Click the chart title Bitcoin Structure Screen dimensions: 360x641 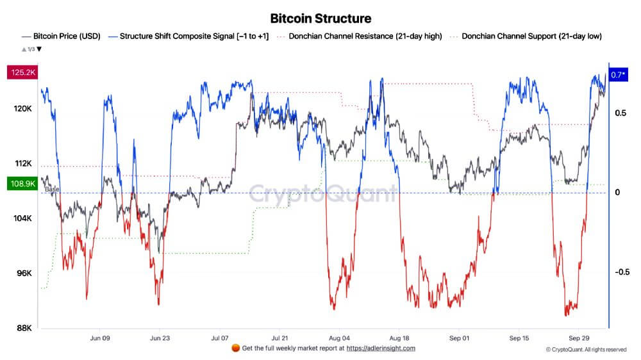coord(320,18)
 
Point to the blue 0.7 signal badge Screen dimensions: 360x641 coord(619,75)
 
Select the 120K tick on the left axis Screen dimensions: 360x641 coord(24,109)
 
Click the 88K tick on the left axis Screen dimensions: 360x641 coord(24,328)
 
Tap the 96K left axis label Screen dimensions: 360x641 coord(24,274)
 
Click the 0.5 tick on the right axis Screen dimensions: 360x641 coord(620,113)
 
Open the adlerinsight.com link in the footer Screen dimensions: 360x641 coord(381,348)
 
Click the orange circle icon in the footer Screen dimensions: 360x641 coord(235,348)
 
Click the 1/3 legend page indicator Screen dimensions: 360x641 coord(31,49)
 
